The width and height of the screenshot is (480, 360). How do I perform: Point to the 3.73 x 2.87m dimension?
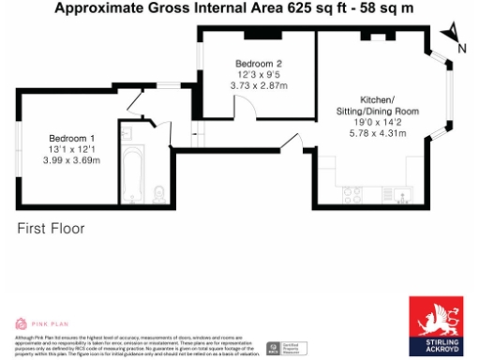[259, 86]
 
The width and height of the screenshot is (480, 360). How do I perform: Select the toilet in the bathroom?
[158, 194]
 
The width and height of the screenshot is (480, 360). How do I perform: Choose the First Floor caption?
[51, 228]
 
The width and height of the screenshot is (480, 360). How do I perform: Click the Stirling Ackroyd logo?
[437, 326]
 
